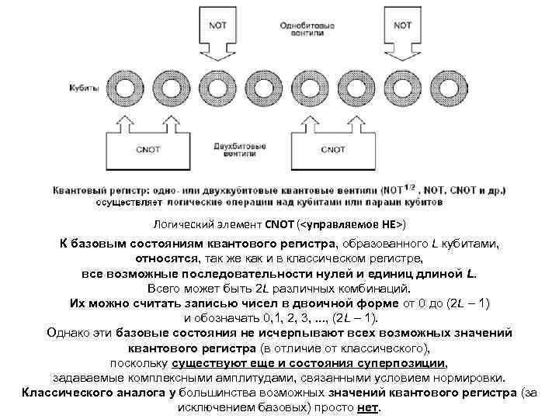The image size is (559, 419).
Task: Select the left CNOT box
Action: [x=148, y=149]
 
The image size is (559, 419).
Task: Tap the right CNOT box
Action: [x=332, y=149]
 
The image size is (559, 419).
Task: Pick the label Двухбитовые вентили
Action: [x=241, y=149]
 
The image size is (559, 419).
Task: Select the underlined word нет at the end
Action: [x=366, y=408]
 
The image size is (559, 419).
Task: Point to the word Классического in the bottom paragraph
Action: [x=65, y=393]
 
